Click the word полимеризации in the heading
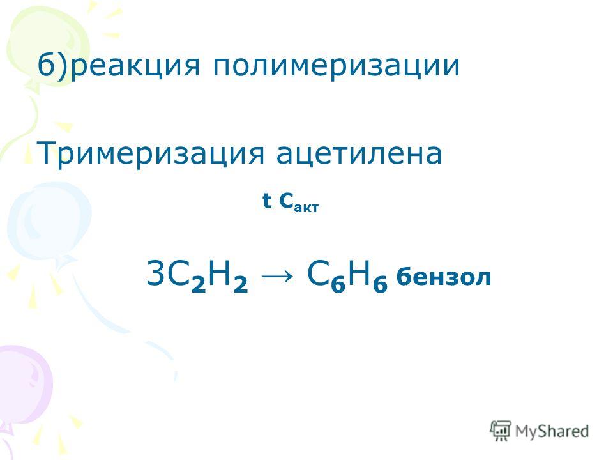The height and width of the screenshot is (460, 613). point(337,66)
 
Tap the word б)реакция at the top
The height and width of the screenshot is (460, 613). point(119,65)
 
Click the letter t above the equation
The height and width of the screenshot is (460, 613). point(267,201)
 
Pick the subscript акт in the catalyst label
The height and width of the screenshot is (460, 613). point(306,207)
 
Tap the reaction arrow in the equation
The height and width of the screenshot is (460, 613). point(276,275)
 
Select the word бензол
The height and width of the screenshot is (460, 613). point(443,277)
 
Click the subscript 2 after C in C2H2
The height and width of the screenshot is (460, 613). point(198,284)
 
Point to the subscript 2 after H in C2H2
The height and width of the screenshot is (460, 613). point(241,284)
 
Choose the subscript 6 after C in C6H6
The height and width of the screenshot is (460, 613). point(338,284)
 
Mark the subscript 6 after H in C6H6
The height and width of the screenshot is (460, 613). point(380,284)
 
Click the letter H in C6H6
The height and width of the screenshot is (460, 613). point(359,273)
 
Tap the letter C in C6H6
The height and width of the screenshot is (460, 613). point(318,273)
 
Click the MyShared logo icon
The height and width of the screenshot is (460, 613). point(501,431)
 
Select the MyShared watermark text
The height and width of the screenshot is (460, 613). point(552,431)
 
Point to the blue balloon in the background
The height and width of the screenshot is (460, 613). point(49,224)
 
